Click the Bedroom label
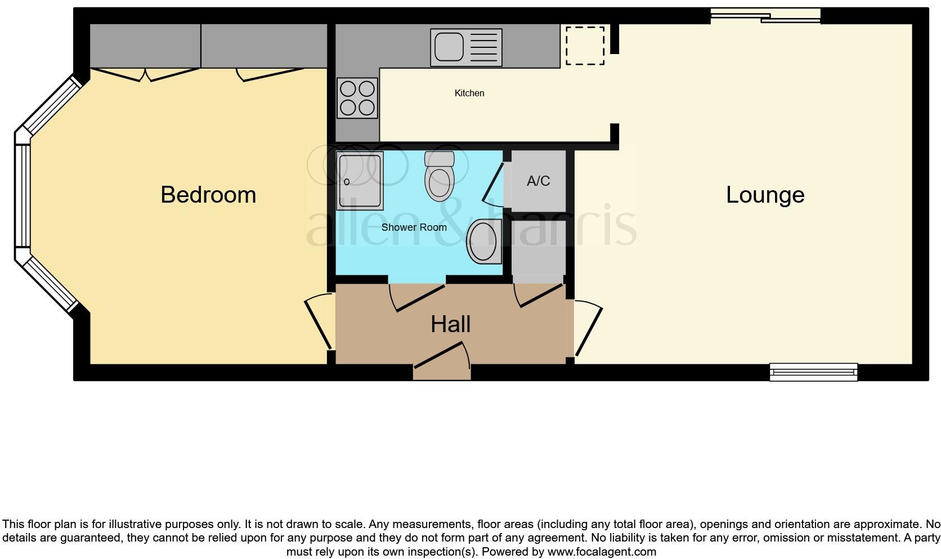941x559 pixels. [x=208, y=195]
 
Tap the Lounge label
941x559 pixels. [x=765, y=195]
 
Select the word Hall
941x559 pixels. [x=450, y=324]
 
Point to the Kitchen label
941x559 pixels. [x=469, y=93]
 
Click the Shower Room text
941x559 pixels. [x=414, y=227]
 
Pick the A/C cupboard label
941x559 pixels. [x=538, y=181]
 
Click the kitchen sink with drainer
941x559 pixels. [x=466, y=47]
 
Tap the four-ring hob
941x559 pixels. [x=357, y=98]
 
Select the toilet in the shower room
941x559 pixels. [x=440, y=176]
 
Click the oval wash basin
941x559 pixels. [x=483, y=242]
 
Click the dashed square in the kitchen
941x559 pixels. [x=585, y=46]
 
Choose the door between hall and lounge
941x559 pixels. [x=587, y=329]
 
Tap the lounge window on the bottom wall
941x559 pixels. [x=813, y=372]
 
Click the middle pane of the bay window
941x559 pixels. [x=23, y=195]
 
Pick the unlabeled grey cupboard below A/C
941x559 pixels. [x=539, y=251]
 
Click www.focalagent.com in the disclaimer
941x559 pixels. [x=602, y=552]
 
